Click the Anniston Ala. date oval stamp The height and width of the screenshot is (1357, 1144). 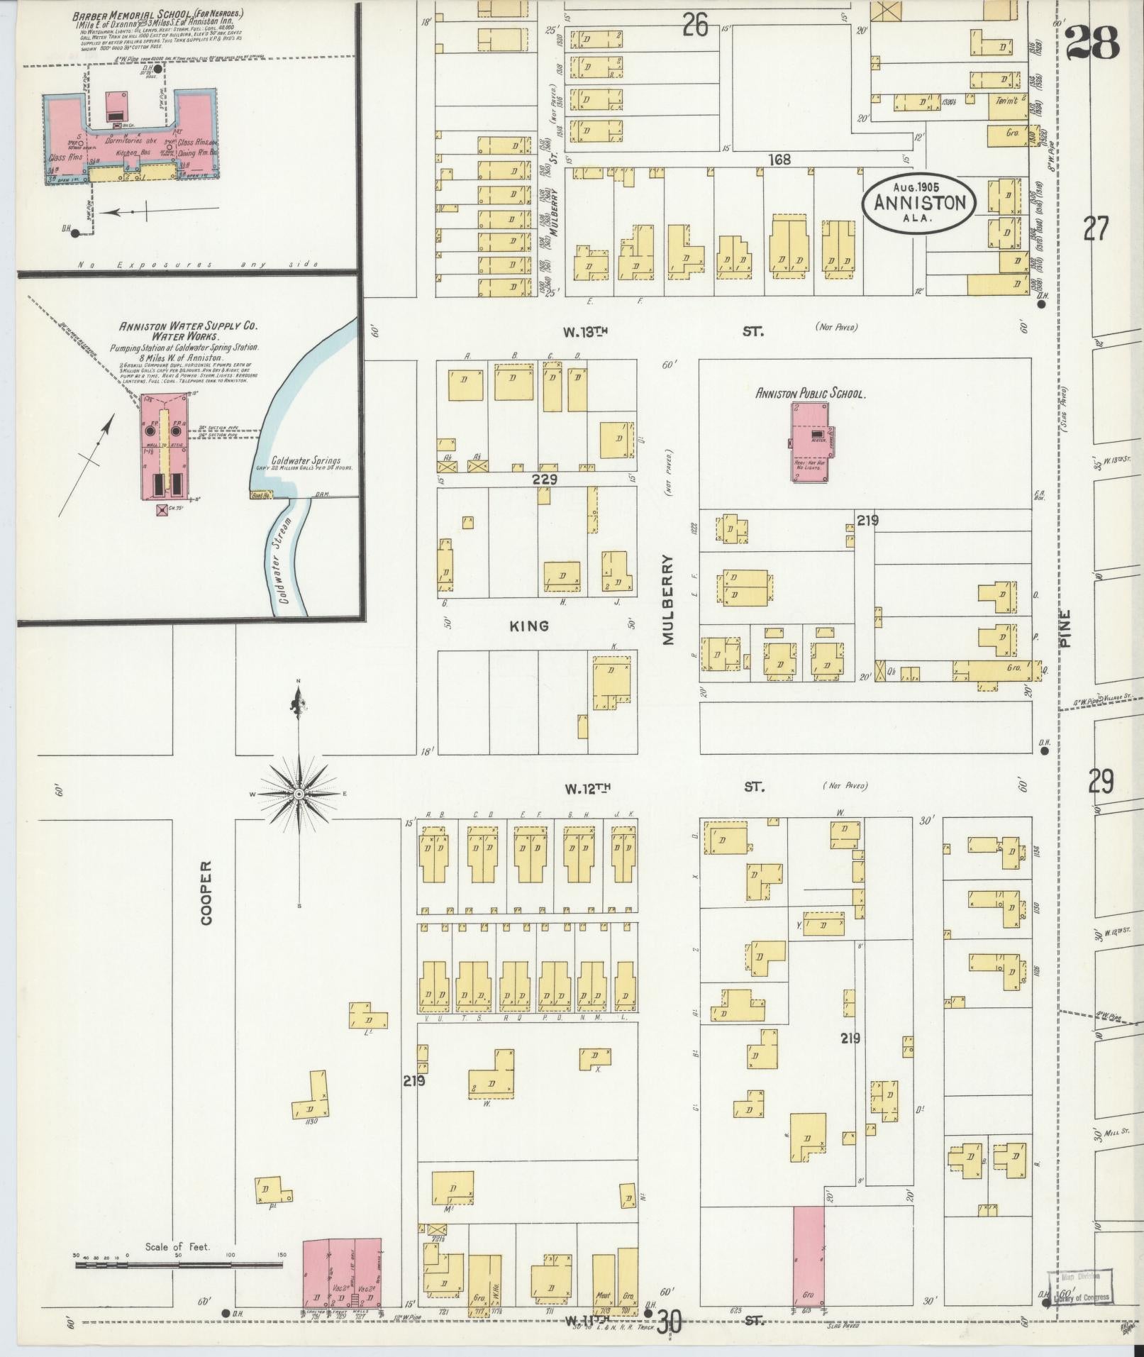pyautogui.click(x=919, y=202)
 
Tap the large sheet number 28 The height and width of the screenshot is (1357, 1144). pyautogui.click(x=1093, y=43)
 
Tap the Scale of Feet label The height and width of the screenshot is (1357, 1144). pyautogui.click(x=177, y=1246)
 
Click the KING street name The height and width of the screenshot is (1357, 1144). pyautogui.click(x=530, y=626)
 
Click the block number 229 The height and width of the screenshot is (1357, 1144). pyautogui.click(x=545, y=480)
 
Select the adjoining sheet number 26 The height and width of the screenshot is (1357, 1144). pyautogui.click(x=695, y=26)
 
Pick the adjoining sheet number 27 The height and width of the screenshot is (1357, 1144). pyautogui.click(x=1095, y=229)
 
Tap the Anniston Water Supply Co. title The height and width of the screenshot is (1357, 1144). pyautogui.click(x=189, y=331)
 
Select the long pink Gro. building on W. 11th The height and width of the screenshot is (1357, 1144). pyautogui.click(x=809, y=1255)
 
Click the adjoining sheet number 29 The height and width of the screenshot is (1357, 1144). pyautogui.click(x=1101, y=782)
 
